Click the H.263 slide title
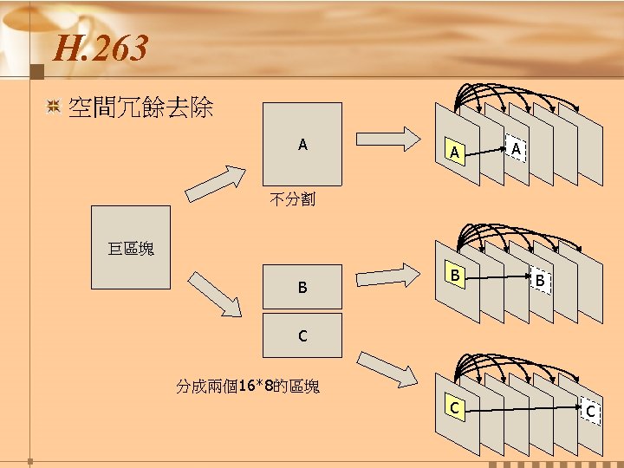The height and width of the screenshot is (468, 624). point(100,49)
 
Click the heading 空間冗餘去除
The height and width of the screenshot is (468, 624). point(140,108)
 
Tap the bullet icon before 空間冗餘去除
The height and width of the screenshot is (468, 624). point(53,107)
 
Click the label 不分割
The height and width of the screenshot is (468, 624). point(292,200)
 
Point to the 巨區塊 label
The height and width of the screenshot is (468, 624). point(131,250)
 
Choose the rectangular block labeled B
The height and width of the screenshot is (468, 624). point(302,286)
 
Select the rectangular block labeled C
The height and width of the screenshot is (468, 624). point(302,335)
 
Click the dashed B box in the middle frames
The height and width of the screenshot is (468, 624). point(539,281)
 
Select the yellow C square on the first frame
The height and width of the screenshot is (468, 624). point(452,406)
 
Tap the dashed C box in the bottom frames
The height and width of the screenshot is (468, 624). point(590,410)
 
